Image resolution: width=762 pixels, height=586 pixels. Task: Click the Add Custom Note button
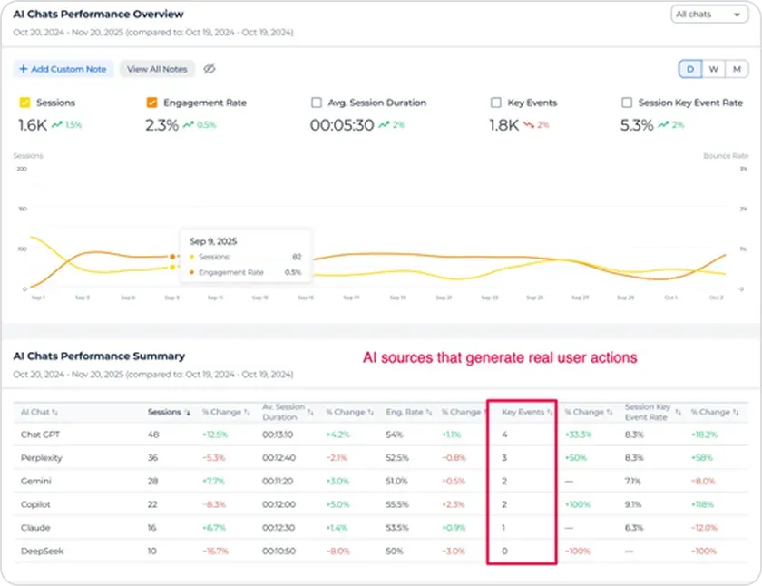click(63, 69)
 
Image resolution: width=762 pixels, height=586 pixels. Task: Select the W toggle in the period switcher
click(713, 69)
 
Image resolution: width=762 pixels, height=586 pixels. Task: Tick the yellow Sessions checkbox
click(24, 103)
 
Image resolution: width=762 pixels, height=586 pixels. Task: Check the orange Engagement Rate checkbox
click(152, 103)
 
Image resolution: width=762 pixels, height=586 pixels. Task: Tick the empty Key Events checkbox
click(495, 103)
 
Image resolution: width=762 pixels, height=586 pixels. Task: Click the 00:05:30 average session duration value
click(342, 125)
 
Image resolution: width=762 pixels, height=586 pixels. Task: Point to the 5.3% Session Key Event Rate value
click(637, 125)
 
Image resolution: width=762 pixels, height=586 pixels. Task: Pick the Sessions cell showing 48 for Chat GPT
click(153, 435)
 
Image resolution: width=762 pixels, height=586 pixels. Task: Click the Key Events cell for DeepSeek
click(505, 551)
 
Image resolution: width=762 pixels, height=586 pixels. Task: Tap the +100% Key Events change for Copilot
click(578, 504)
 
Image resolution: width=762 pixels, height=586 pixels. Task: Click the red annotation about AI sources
click(500, 358)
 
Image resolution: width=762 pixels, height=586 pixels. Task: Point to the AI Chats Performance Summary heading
click(99, 356)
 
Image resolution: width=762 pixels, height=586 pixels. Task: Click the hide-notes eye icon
click(209, 69)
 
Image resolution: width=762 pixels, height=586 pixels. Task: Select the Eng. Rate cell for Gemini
click(396, 481)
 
